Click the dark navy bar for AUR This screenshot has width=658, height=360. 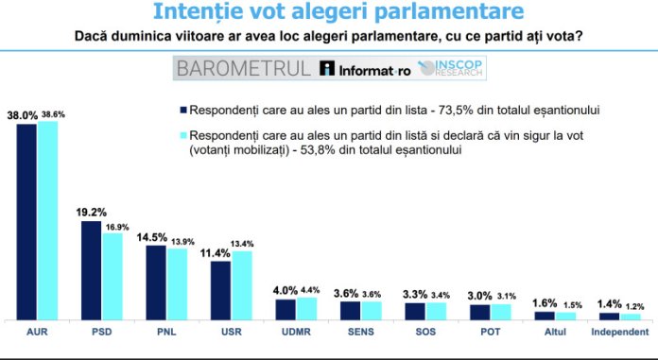pyautogui.click(x=27, y=221)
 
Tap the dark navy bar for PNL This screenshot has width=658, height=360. pyautogui.click(x=156, y=282)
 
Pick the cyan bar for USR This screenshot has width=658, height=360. pyautogui.click(x=243, y=285)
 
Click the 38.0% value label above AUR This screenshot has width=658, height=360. pyautogui.click(x=23, y=114)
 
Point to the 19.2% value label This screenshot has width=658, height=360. pyautogui.click(x=91, y=213)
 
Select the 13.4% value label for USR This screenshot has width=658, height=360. pyautogui.click(x=245, y=244)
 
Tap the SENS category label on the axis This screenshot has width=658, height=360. pyautogui.click(x=360, y=333)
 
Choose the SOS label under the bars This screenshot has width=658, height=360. pyautogui.click(x=425, y=333)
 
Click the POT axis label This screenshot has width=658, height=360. pyautogui.click(x=490, y=333)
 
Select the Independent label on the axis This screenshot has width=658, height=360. pyautogui.click(x=619, y=333)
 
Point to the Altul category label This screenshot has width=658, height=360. pyautogui.click(x=555, y=333)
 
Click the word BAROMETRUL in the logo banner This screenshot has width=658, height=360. pyautogui.click(x=243, y=68)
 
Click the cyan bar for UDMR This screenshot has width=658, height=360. pyautogui.click(x=307, y=308)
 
